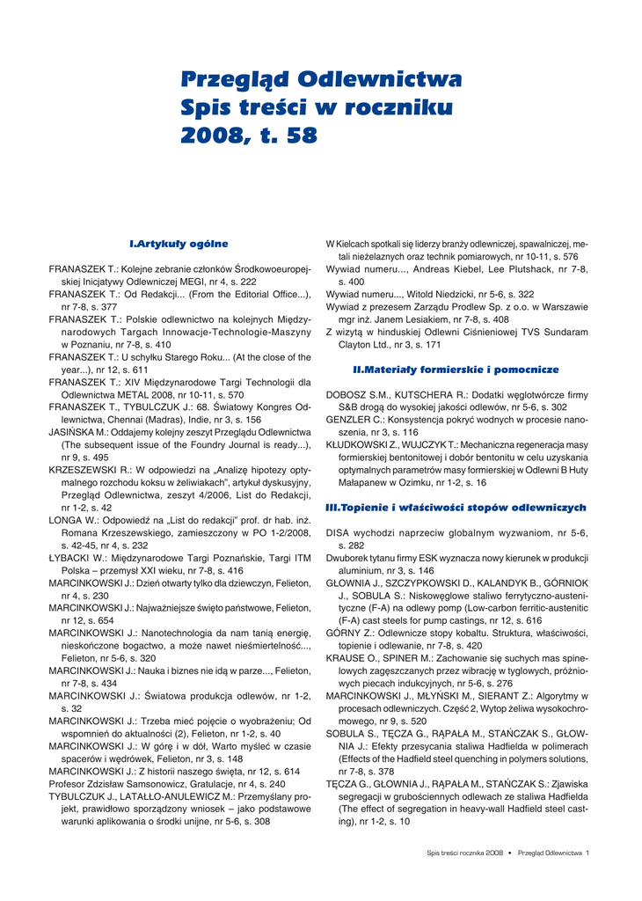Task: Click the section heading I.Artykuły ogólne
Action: pos(179,243)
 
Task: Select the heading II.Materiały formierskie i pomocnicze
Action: pos(456,370)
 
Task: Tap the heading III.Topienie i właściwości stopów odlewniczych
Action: pos(456,509)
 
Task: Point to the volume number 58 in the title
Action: pos(297,136)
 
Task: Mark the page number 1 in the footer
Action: pos(587,853)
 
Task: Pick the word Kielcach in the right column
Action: pos(356,244)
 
